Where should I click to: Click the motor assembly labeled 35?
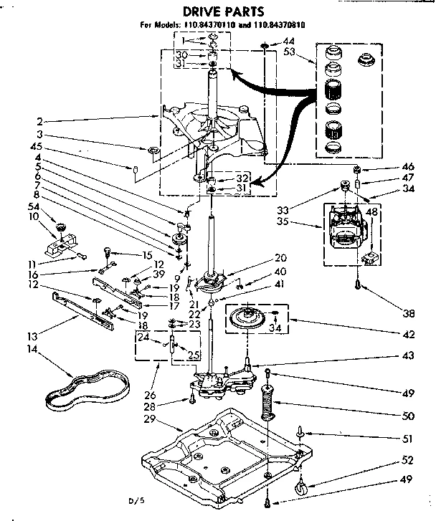pyautogui.click(x=349, y=229)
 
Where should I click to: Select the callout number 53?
pyautogui.click(x=290, y=53)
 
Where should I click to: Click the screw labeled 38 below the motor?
pyautogui.click(x=356, y=285)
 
